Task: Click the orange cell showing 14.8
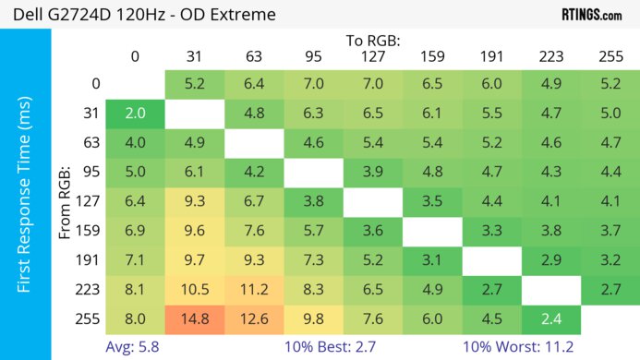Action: point(194,318)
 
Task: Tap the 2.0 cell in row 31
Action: point(135,114)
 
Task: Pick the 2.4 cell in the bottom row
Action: point(550,318)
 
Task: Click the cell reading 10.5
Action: point(194,289)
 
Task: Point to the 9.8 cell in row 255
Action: point(313,318)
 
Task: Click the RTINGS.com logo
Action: point(591,15)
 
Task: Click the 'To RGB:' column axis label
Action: point(372,41)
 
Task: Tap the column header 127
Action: point(372,56)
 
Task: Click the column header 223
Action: point(550,56)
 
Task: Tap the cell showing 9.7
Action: point(194,259)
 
